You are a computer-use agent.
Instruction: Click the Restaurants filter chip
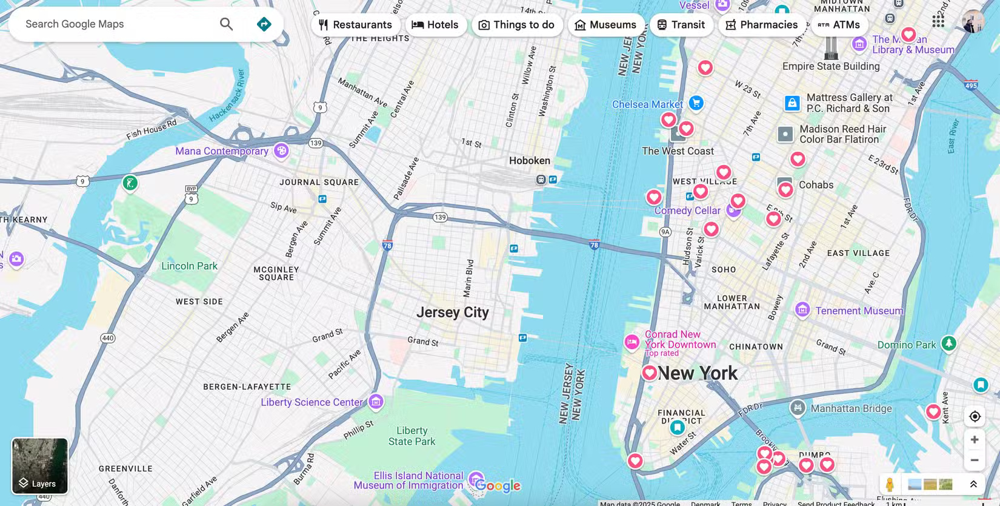pyautogui.click(x=355, y=25)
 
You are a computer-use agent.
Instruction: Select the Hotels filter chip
pyautogui.click(x=435, y=25)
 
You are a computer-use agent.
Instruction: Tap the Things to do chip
pyautogui.click(x=516, y=25)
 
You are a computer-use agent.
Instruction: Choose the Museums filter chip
pyautogui.click(x=605, y=25)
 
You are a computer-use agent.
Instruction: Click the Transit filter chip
pyautogui.click(x=681, y=25)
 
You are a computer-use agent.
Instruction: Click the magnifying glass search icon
pyautogui.click(x=226, y=24)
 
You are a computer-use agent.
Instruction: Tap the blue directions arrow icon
pyautogui.click(x=264, y=24)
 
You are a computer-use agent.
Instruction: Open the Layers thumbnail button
pyautogui.click(x=40, y=466)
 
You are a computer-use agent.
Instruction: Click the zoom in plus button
pyautogui.click(x=975, y=440)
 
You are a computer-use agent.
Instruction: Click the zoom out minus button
pyautogui.click(x=975, y=460)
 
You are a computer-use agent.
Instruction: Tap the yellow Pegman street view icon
pyautogui.click(x=890, y=484)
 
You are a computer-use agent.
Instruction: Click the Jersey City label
pyautogui.click(x=452, y=312)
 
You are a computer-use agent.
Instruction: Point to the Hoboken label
pyautogui.click(x=529, y=161)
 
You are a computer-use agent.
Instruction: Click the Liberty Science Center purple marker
pyautogui.click(x=376, y=402)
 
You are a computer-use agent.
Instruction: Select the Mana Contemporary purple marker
pyautogui.click(x=281, y=151)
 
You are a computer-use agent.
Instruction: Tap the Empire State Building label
pyautogui.click(x=830, y=66)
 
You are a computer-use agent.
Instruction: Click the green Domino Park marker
pyautogui.click(x=948, y=344)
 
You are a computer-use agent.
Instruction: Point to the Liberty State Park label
pyautogui.click(x=412, y=436)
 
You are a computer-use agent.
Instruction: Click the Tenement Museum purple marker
pyautogui.click(x=802, y=310)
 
